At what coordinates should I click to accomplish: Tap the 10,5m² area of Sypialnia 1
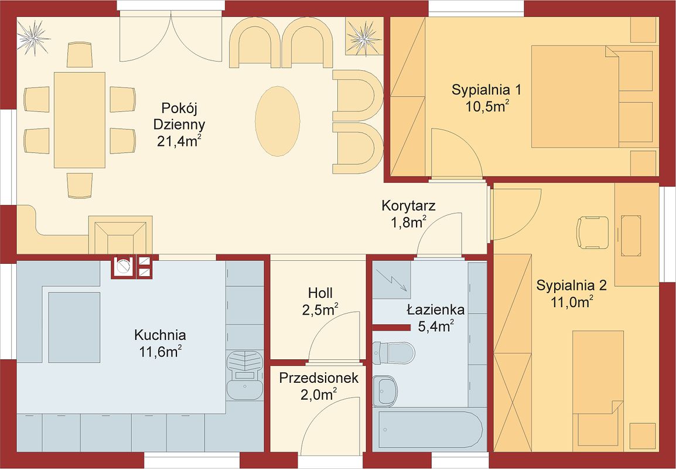tap(486, 107)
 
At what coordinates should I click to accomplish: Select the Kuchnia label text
tap(160, 335)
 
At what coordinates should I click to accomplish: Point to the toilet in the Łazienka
tap(392, 353)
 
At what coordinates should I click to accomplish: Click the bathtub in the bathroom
tap(430, 430)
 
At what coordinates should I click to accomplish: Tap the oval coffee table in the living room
tap(278, 121)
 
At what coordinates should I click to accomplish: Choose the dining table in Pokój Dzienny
tap(80, 120)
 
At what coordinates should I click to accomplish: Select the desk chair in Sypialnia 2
tap(592, 233)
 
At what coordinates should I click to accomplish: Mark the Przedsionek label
tap(319, 378)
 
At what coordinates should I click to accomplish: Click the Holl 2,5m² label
tap(320, 301)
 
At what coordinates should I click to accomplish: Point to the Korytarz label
tap(408, 206)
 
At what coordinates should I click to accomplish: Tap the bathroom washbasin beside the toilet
tap(384, 392)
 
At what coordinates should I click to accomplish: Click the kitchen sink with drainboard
tap(244, 375)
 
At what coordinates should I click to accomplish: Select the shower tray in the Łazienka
tap(391, 280)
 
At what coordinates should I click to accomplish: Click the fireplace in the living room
tap(120, 235)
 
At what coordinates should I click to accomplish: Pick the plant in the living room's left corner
tap(33, 38)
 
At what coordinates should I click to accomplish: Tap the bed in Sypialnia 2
tap(598, 390)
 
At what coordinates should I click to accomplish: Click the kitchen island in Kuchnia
tap(74, 327)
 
